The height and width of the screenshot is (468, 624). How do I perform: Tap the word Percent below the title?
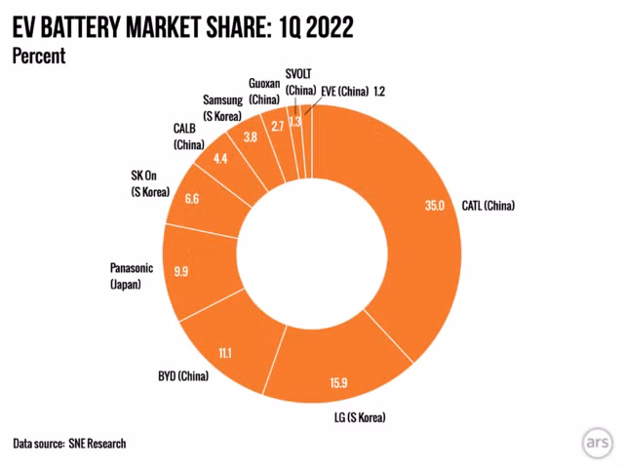click(38, 56)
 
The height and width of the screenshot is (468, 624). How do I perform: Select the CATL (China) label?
click(488, 206)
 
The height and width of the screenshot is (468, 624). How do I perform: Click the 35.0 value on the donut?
click(435, 206)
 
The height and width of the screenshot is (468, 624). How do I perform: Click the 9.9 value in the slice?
click(181, 273)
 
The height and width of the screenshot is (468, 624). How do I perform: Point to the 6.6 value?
click(192, 199)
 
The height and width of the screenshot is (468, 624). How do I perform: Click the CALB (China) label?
click(189, 137)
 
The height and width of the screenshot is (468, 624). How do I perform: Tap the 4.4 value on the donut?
click(220, 159)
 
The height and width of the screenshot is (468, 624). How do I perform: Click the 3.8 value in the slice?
click(250, 137)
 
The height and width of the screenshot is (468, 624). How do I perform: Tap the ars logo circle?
click(598, 441)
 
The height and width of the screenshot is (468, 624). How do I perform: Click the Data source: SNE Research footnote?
click(69, 444)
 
